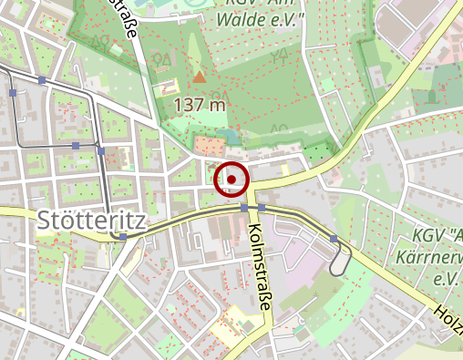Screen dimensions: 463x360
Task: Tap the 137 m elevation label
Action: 200,105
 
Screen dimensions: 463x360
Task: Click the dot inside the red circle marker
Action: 231,180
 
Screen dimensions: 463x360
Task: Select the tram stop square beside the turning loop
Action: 334,238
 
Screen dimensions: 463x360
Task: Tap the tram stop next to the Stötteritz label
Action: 123,236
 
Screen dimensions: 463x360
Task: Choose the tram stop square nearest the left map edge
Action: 13,93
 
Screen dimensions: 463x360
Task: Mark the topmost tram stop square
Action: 42,80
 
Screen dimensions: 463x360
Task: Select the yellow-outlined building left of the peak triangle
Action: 168,88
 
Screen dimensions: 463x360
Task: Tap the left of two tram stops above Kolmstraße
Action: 244,207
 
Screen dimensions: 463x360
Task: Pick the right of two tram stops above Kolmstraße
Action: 262,207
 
